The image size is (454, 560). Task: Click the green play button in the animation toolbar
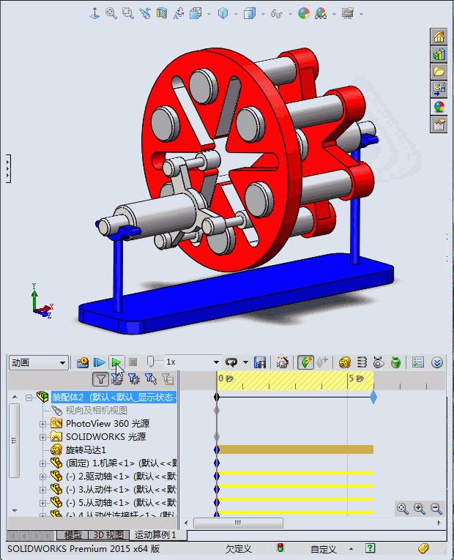[x=116, y=362]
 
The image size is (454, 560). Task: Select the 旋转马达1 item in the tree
[x=86, y=449]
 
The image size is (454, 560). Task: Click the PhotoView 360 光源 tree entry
[x=108, y=423]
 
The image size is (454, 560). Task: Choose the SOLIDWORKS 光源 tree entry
[x=105, y=436]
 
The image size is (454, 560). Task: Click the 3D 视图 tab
[x=108, y=535]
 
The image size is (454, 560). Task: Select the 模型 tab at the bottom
[x=73, y=535]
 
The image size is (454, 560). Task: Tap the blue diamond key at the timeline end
[x=373, y=397]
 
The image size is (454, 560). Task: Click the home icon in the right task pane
[x=439, y=37]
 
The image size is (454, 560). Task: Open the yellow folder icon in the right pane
[x=439, y=72]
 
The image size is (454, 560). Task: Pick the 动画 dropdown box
[x=38, y=362]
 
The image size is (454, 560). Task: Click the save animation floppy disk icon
[x=259, y=362]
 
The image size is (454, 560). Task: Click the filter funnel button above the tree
[x=101, y=379]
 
